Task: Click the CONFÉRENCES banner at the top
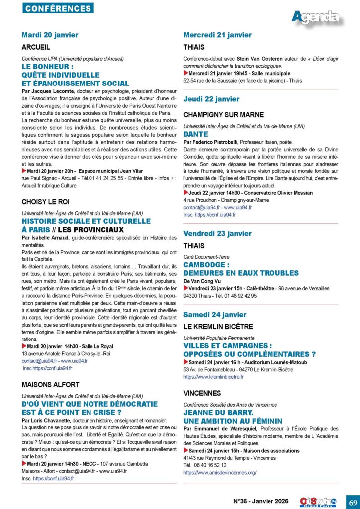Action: click(x=58, y=8)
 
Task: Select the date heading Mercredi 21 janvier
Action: click(x=217, y=35)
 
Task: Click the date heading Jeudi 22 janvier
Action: click(x=211, y=99)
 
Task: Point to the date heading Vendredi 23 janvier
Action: click(x=217, y=233)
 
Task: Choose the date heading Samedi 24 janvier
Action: click(x=215, y=315)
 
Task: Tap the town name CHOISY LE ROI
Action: click(x=46, y=202)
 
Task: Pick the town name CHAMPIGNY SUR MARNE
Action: click(x=223, y=115)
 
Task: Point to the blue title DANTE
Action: click(x=196, y=134)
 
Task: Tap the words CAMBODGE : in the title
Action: click(x=206, y=265)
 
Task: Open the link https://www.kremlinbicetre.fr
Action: click(x=213, y=377)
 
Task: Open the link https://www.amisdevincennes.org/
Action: click(x=220, y=473)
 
